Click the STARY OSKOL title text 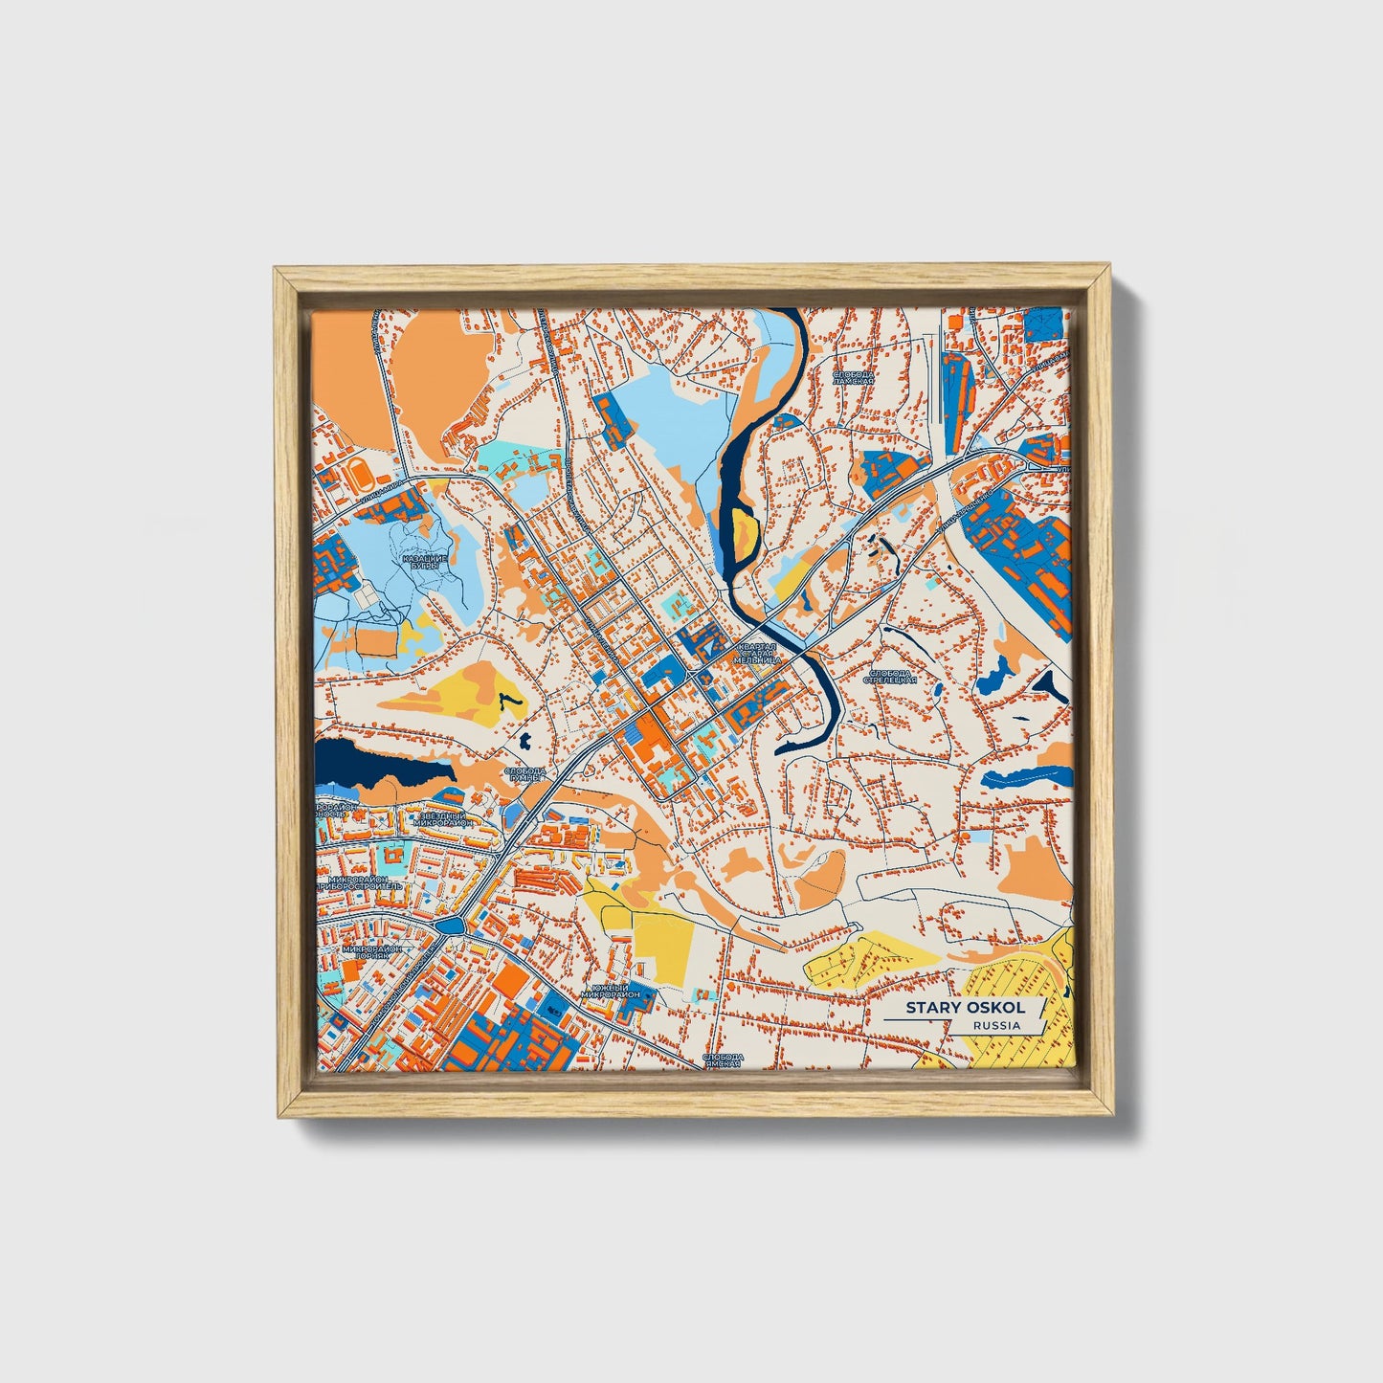(x=965, y=1008)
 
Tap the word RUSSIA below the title (x=995, y=1025)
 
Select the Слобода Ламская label (x=854, y=377)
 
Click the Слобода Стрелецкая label (x=890, y=677)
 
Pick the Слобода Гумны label (x=524, y=774)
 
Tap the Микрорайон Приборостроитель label (x=362, y=882)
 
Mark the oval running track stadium (x=359, y=472)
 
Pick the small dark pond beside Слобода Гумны (x=525, y=739)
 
